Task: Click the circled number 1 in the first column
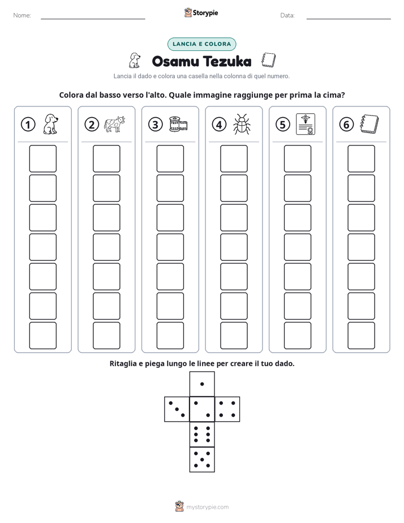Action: (x=28, y=125)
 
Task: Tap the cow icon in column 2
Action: (x=114, y=124)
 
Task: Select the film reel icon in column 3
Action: (x=178, y=124)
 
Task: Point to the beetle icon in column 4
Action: (x=242, y=124)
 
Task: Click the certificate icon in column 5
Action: (x=306, y=124)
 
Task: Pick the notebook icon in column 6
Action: (x=369, y=124)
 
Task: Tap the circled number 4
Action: (x=219, y=125)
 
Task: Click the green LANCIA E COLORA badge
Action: (x=201, y=44)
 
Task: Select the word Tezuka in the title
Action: (x=227, y=61)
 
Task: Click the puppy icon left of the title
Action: (x=135, y=61)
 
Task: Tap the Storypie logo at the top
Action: (x=201, y=12)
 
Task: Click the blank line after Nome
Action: (x=93, y=19)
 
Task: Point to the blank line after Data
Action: (x=349, y=19)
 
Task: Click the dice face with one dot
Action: (x=202, y=384)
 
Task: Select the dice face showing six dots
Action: (x=202, y=434)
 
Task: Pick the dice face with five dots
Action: (x=202, y=460)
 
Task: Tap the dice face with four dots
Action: (x=227, y=409)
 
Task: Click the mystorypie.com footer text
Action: (x=207, y=507)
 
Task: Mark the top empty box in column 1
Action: (x=42, y=158)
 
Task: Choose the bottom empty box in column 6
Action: (x=362, y=336)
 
